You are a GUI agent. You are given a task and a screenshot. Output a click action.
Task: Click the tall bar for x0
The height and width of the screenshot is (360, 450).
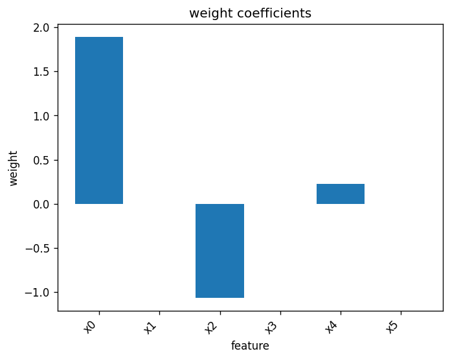(99, 120)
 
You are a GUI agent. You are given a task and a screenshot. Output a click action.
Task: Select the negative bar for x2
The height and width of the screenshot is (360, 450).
(220, 251)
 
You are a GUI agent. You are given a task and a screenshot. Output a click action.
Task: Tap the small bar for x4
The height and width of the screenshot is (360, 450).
(341, 194)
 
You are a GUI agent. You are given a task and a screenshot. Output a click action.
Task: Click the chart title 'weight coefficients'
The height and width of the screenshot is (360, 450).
(251, 13)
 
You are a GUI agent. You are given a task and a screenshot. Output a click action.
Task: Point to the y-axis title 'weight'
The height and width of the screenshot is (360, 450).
(13, 168)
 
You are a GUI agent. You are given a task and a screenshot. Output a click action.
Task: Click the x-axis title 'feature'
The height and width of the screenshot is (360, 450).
(251, 346)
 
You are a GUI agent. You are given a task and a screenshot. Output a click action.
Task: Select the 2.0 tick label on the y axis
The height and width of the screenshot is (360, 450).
(41, 28)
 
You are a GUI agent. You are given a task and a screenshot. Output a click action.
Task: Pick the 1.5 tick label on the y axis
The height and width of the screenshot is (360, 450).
(41, 72)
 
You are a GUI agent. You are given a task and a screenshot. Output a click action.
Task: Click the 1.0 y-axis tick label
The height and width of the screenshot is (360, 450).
(41, 116)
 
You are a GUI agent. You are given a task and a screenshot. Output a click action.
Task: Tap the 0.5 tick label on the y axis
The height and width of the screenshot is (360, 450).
(41, 160)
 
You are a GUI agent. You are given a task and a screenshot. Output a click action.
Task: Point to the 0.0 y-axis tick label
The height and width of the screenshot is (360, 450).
(41, 205)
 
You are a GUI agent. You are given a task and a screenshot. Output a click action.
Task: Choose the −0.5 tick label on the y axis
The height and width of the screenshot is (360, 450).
(38, 249)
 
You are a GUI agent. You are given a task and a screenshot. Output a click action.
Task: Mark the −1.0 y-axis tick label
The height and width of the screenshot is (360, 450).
(38, 293)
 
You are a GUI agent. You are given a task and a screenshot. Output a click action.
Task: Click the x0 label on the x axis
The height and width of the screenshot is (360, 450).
(89, 327)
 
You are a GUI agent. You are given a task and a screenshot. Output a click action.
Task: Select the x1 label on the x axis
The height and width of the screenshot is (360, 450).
(150, 327)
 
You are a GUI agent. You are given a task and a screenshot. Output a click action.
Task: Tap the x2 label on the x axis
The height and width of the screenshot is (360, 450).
(210, 327)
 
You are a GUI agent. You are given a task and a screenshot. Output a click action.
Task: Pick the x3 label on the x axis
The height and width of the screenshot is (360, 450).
(271, 327)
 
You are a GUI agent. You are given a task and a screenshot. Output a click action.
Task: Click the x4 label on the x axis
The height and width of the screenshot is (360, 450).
(331, 327)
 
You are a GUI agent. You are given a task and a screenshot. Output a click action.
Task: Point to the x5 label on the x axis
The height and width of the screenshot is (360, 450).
(392, 327)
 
